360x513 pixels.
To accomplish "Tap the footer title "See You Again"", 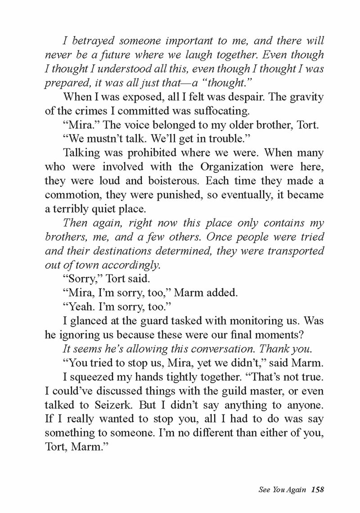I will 280,487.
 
